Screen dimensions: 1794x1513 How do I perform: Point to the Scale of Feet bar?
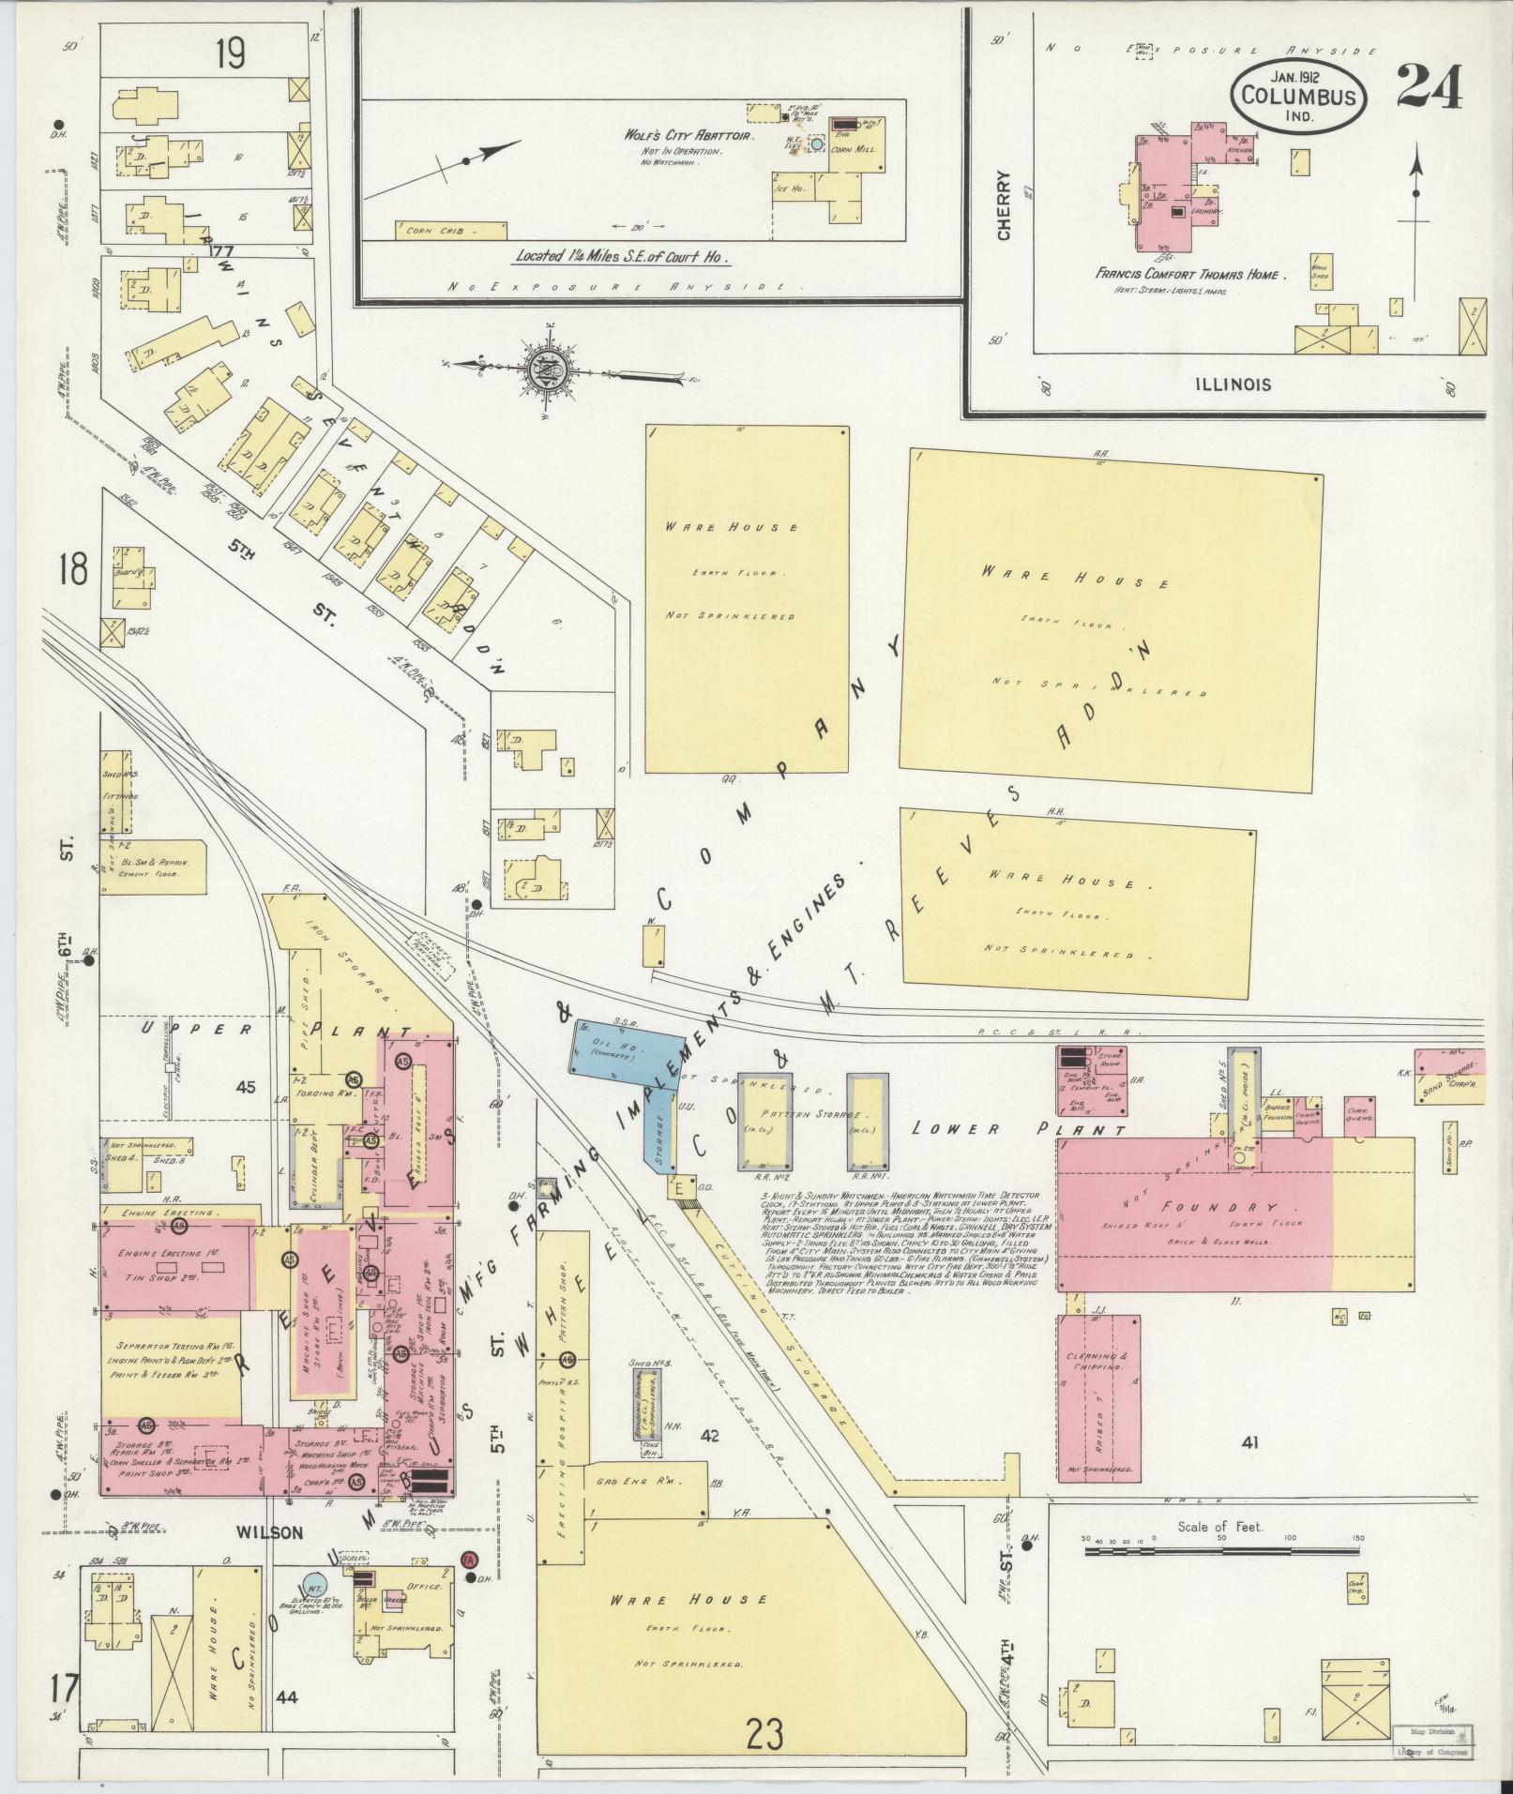point(1220,1553)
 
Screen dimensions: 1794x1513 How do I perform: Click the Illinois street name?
point(1233,384)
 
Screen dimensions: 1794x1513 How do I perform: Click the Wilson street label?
point(269,1532)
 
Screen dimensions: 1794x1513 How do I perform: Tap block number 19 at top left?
point(229,55)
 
